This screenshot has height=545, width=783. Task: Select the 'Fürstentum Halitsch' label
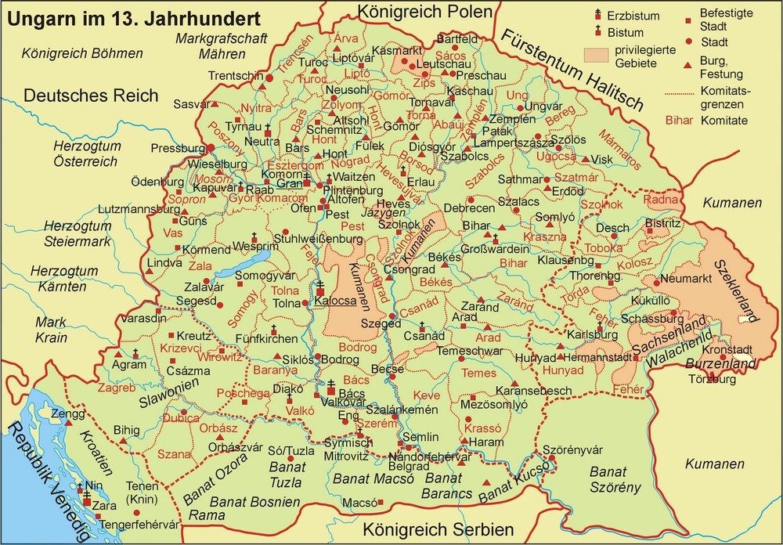coord(572,71)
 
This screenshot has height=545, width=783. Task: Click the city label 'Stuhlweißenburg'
coord(317,237)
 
